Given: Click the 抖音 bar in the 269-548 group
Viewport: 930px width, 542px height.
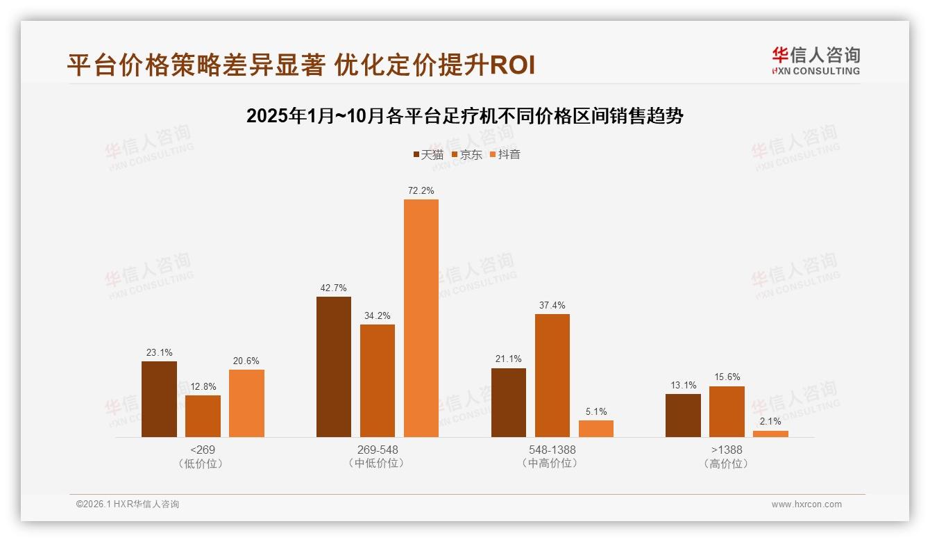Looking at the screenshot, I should point(421,318).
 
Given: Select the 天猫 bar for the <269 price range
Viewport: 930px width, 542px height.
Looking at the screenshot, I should point(159,399).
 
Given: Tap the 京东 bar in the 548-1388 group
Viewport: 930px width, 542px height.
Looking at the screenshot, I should point(552,375).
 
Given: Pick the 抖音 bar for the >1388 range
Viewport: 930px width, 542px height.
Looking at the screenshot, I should point(770,434).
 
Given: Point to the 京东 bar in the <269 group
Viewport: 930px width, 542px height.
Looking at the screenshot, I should point(203,416).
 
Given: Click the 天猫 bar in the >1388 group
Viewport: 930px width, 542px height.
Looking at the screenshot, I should point(683,416).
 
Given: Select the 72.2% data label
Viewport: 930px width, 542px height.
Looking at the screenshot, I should point(421,190).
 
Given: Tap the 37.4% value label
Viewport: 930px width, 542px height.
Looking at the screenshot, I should point(552,305).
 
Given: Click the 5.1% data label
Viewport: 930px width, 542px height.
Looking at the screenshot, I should point(595,411).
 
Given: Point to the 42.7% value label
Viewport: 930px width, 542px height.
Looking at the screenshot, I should point(333,288).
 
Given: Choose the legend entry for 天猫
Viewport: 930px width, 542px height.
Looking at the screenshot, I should point(428,154).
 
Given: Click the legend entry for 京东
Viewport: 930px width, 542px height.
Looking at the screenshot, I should point(467,154).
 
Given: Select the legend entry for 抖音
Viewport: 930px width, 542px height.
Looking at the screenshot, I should point(505,154).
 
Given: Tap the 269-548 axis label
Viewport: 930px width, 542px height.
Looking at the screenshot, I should point(378,450).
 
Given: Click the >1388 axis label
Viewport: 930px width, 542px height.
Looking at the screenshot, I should point(727,450).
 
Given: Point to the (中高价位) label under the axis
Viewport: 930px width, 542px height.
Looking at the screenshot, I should point(552,463).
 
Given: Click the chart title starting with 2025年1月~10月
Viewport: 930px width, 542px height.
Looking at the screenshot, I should point(465,116).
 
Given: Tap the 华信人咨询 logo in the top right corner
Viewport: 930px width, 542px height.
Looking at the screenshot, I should point(815,60).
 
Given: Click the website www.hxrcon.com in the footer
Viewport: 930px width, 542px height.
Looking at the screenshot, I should point(806,504).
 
